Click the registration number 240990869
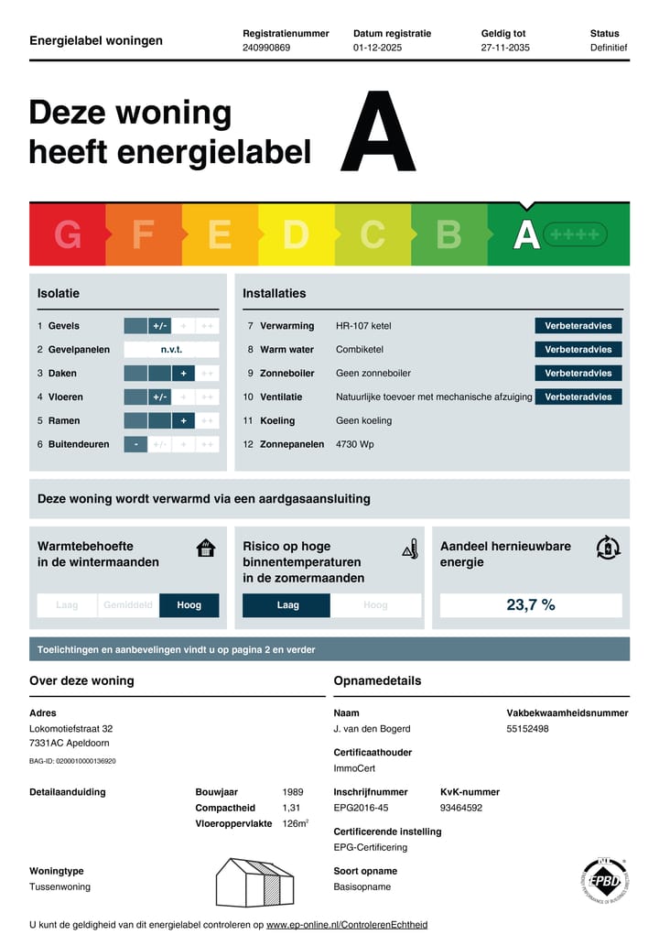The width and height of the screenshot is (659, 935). coord(266,48)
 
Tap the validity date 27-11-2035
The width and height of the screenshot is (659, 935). coord(505,48)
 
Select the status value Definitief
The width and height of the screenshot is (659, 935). coord(609,48)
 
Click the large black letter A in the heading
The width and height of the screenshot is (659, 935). coord(378,132)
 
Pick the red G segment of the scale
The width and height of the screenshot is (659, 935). coord(68,235)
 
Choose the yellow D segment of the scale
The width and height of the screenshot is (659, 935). coord(296,235)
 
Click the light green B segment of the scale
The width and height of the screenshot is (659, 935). coord(448,235)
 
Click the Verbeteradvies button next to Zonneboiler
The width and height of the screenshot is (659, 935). coord(578,374)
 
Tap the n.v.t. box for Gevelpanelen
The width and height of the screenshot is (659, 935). coord(171,350)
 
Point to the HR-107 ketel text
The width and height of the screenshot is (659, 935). coord(363,326)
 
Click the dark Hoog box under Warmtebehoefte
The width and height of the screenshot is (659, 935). coord(189,605)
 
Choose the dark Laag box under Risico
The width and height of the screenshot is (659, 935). coord(286,605)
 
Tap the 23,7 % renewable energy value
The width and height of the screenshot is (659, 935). coord(531,605)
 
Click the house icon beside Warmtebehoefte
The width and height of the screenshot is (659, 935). coord(206,549)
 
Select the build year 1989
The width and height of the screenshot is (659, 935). coord(293,792)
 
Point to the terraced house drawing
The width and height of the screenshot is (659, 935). coord(255,882)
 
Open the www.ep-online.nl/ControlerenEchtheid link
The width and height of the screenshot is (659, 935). coord(347,925)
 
